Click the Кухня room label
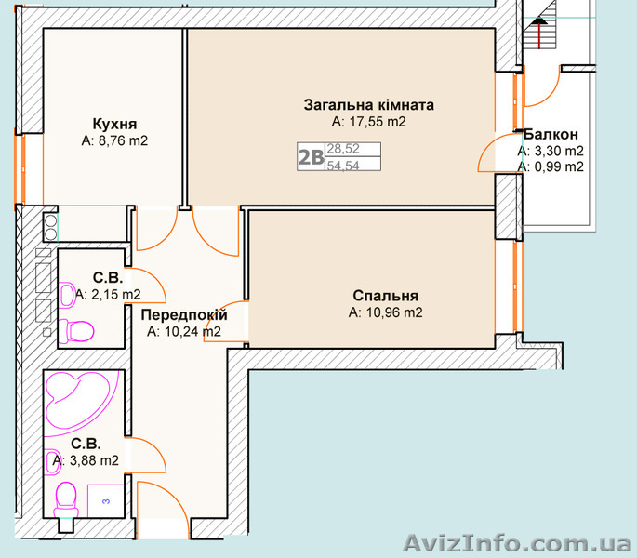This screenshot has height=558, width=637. coord(114,124)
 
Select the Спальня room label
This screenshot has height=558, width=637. coord(386,296)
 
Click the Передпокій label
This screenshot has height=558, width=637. coord(184,315)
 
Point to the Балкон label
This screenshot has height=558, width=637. coord(551,134)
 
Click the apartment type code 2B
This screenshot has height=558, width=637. coord(312,157)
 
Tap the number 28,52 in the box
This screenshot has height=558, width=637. coord(343,149)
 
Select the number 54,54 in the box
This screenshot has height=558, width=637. coord(343,166)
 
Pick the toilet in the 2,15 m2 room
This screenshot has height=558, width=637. coord(77,330)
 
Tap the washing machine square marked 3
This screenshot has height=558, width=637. coord(106,500)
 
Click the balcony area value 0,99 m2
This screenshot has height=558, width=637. coord(551,166)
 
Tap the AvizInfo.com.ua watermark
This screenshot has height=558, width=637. coord(517,543)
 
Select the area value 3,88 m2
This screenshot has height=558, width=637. coord(86,460)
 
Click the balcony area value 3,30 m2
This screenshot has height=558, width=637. coord(551,151)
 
